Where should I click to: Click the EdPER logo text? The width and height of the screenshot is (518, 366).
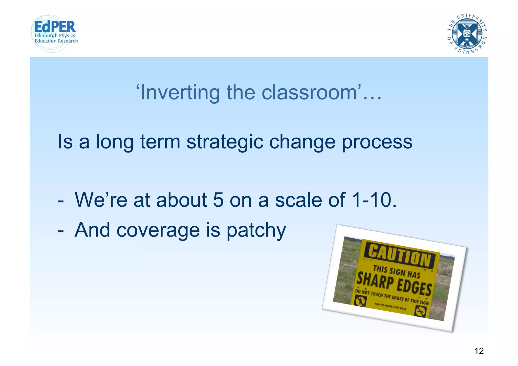tap(55, 27)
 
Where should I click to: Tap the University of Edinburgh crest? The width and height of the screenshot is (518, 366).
tap(467, 34)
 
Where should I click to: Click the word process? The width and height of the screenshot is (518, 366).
tap(377, 142)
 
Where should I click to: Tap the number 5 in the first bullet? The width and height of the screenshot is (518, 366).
tap(218, 200)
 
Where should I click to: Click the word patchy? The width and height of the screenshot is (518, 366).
tap(256, 231)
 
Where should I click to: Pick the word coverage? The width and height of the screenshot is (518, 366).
tap(158, 231)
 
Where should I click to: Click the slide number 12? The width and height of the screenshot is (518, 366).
tap(479, 351)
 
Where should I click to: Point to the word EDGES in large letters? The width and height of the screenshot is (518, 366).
tap(414, 287)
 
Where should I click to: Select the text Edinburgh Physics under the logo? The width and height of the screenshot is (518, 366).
tap(55, 35)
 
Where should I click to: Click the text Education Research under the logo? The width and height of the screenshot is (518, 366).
tap(56, 41)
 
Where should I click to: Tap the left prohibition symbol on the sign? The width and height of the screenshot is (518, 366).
tap(360, 301)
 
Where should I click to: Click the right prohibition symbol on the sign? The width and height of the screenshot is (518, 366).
tap(420, 311)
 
